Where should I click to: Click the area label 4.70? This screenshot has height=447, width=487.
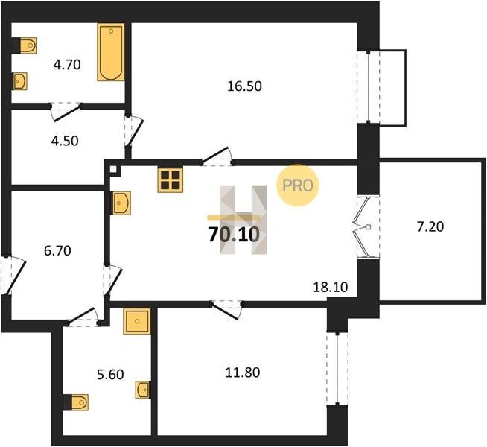click(67, 65)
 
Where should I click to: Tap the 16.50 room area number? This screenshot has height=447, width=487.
click(244, 86)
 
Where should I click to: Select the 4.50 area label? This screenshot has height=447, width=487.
click(65, 141)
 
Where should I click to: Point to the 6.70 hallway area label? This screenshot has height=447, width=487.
click(57, 250)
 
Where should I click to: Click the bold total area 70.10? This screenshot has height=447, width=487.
click(234, 235)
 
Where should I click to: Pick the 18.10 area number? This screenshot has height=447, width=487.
click(331, 288)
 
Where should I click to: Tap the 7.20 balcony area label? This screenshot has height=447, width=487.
click(430, 226)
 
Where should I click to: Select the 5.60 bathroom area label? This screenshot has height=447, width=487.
click(110, 374)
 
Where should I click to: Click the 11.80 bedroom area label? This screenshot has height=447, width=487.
click(243, 372)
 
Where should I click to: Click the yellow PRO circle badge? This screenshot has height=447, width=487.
click(298, 186)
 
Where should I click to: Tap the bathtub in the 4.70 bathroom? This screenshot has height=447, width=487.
click(111, 52)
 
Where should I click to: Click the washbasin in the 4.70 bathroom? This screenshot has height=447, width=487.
click(20, 81)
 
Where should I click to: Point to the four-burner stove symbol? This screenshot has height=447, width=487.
click(171, 180)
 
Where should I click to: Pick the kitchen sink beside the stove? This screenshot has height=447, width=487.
click(121, 203)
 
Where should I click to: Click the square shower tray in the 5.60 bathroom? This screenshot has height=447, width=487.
click(137, 321)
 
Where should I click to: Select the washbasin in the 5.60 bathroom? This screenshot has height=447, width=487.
click(143, 390)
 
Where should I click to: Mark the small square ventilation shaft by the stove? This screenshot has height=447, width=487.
click(114, 170)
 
